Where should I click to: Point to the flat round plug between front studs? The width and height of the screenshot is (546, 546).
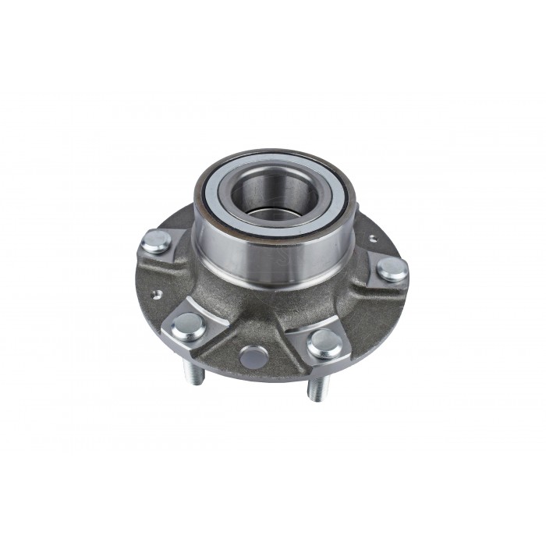click(253, 356)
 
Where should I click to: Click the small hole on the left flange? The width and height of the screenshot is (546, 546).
click(156, 295)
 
